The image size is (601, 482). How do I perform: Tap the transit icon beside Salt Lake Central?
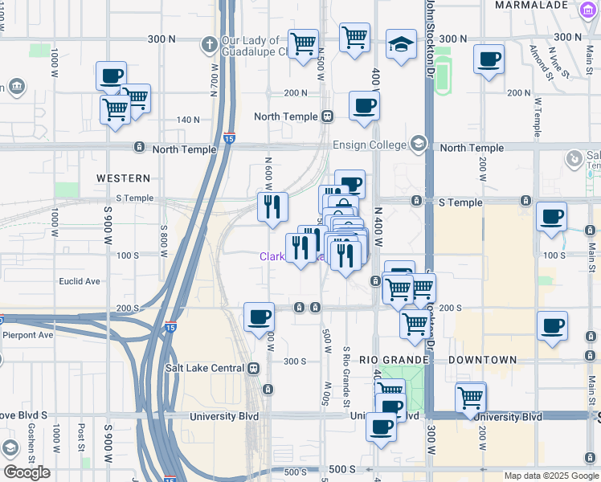tap(253, 368)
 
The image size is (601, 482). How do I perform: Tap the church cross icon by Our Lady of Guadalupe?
tap(209, 43)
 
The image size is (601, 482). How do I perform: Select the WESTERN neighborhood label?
tap(123, 178)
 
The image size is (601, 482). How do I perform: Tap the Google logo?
tap(27, 472)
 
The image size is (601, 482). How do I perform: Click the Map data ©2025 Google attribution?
tap(550, 476)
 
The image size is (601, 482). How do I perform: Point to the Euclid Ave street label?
tap(80, 281)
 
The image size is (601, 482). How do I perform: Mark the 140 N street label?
tap(188, 120)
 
